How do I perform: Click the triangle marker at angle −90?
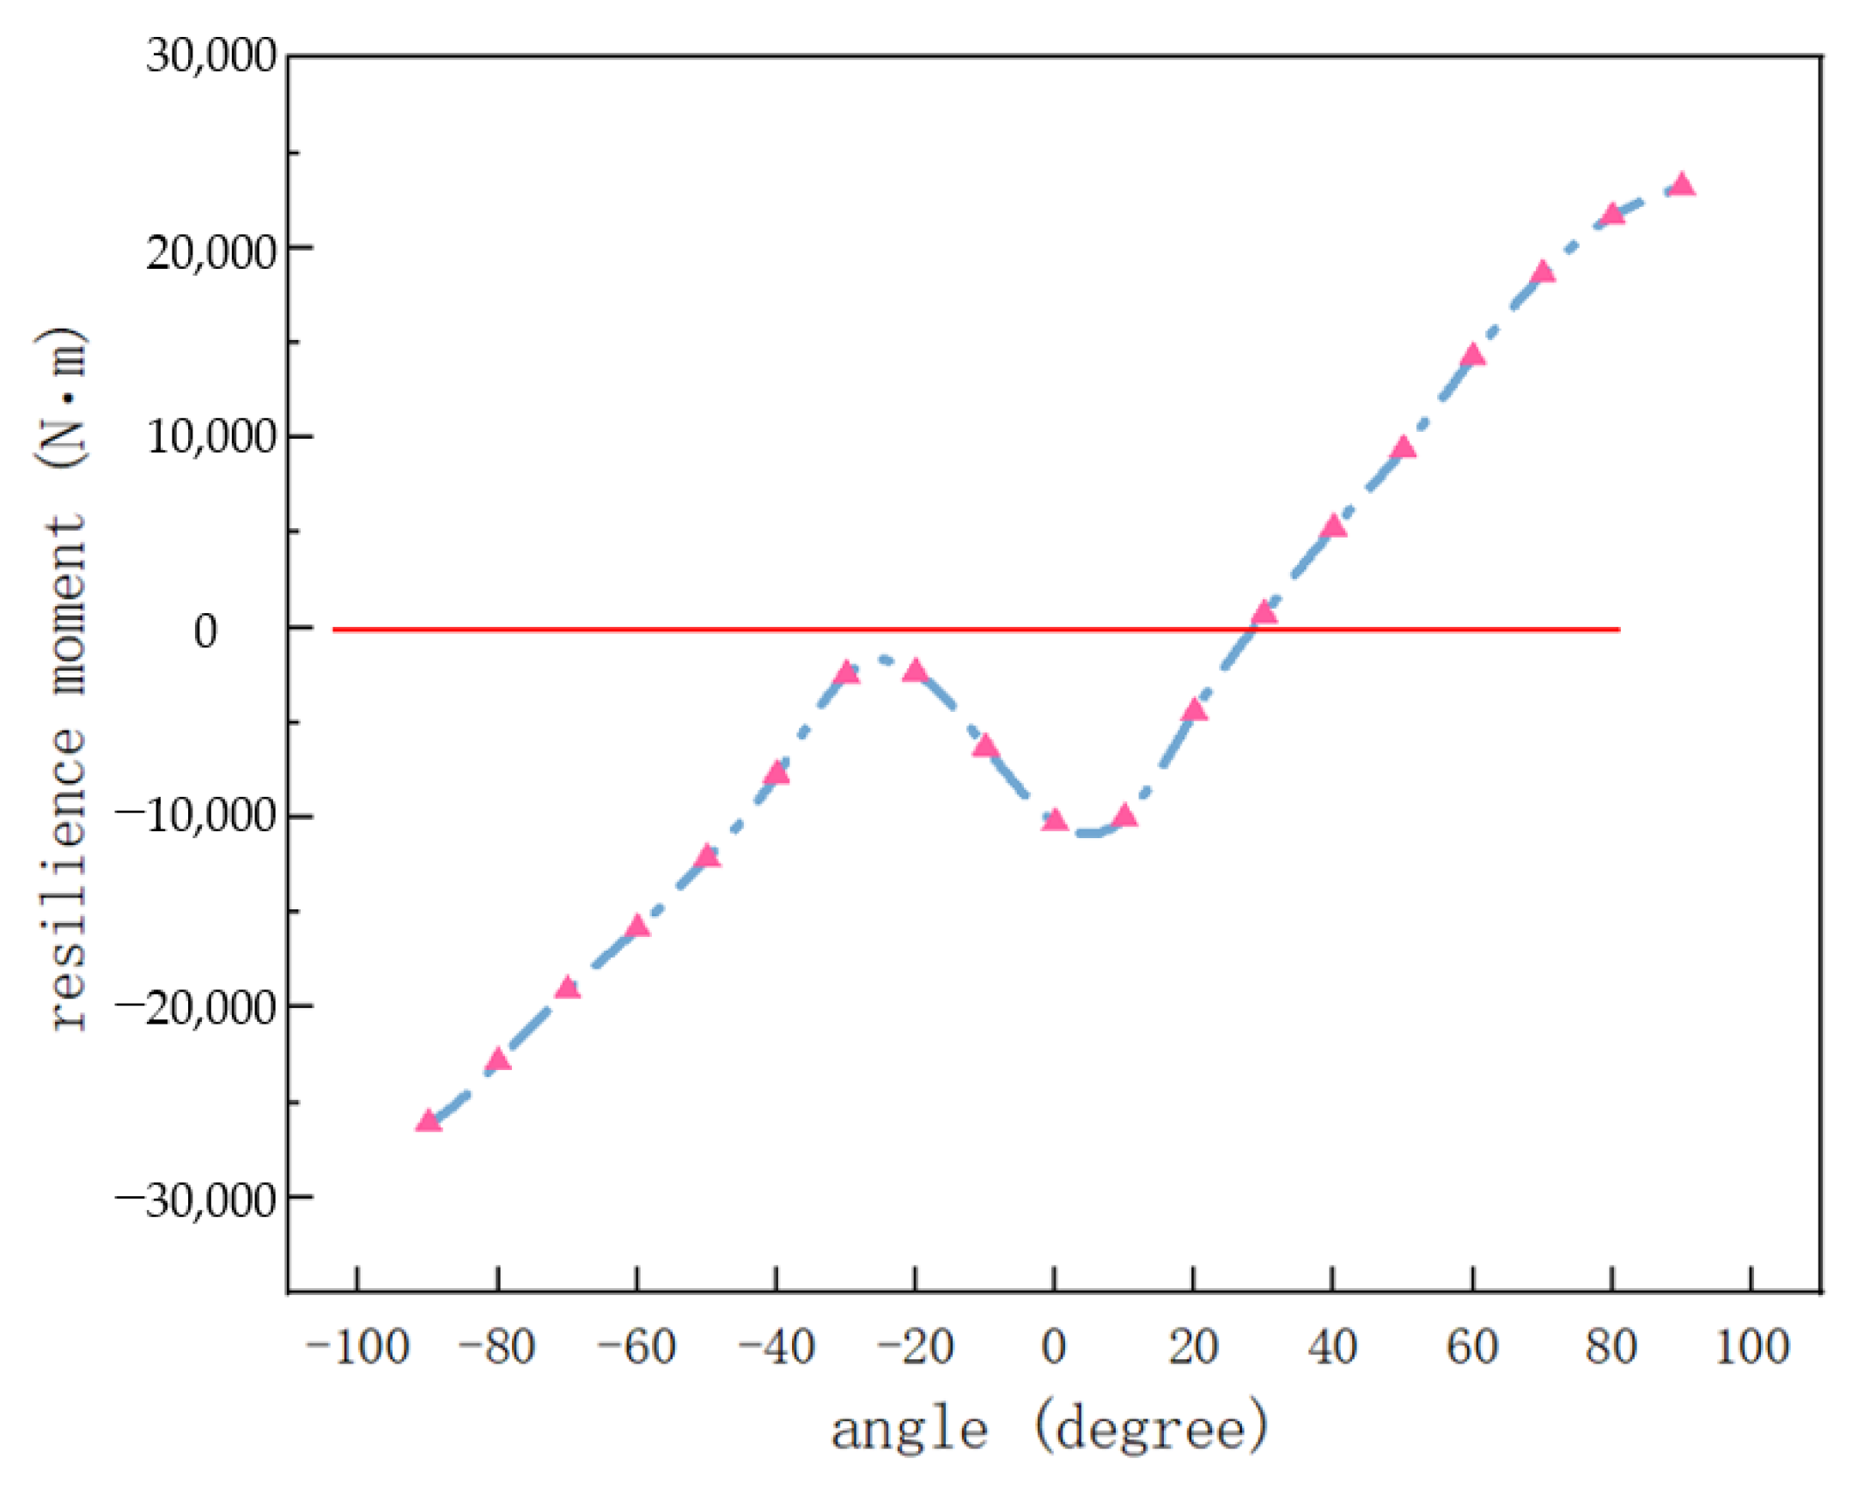point(429,1122)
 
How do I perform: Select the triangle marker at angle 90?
point(1683,185)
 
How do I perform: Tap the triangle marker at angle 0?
point(1055,819)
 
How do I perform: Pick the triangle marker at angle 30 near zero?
point(1264,613)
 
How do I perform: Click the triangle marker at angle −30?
point(847,673)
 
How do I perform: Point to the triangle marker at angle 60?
point(1473,356)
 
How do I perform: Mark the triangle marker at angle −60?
point(637,927)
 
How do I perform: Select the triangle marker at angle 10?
point(1124,816)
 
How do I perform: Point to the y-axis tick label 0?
point(205,631)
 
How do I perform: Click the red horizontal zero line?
point(607,629)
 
